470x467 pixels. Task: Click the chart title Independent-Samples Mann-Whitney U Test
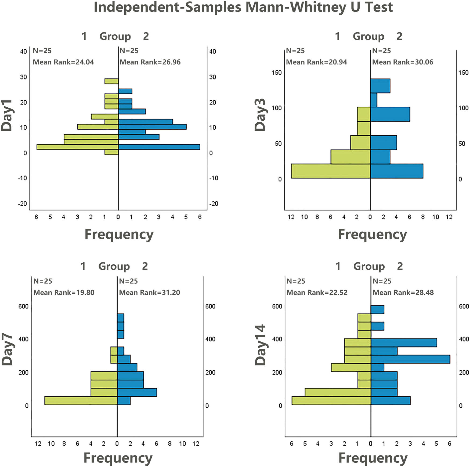tap(243, 7)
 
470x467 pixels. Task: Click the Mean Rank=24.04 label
tap(63, 62)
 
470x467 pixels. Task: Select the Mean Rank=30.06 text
tap(403, 62)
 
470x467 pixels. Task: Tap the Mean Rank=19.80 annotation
tap(64, 293)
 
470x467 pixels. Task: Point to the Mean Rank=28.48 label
tap(403, 293)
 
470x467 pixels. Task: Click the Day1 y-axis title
tap(7, 115)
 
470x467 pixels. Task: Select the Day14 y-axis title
tap(260, 345)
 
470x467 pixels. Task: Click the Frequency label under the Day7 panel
tap(118, 458)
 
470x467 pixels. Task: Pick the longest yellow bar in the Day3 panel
tap(331, 171)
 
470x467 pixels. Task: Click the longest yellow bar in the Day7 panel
tap(81, 400)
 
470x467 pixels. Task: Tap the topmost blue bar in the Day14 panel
tap(377, 309)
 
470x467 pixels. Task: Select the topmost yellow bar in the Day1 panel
tap(111, 81)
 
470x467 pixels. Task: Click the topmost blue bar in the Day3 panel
tap(380, 86)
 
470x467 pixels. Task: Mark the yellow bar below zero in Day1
tap(111, 152)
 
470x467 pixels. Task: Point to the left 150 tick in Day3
tap(276, 72)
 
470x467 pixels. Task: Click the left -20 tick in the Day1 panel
tap(23, 204)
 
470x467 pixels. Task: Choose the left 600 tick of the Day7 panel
tap(23, 306)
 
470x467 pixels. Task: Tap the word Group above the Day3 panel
tap(368, 36)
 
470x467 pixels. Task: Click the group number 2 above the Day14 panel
tap(400, 266)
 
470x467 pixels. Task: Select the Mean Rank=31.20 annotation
tap(150, 293)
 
